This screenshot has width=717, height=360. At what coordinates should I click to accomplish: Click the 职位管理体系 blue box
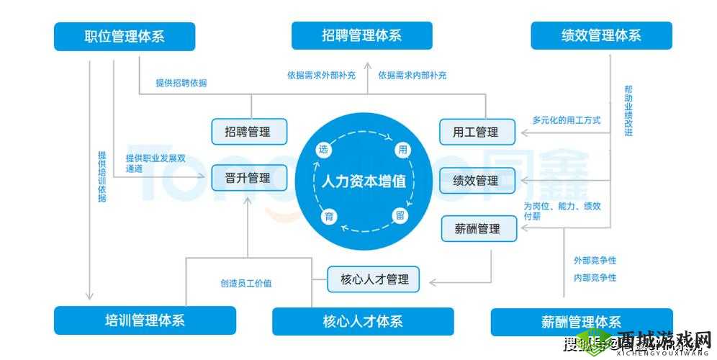coord(125,36)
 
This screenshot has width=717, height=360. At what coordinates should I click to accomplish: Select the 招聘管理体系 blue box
coord(361,35)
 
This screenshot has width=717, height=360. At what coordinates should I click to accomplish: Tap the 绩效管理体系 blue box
coord(601,35)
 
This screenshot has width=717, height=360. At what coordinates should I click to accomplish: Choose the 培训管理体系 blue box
coord(145,320)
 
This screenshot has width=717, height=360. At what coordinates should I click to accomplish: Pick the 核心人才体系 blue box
coord(363,321)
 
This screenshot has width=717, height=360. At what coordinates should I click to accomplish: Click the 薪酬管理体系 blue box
coord(581,322)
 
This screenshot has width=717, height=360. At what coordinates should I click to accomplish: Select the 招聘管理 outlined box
coord(249,132)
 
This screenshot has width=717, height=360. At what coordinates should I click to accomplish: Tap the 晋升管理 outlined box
coord(249,178)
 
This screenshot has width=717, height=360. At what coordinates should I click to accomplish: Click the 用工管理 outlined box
coord(478,132)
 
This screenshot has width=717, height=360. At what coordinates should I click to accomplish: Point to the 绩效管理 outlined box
coord(478,180)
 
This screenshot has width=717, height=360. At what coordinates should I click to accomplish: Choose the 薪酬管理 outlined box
coord(479,229)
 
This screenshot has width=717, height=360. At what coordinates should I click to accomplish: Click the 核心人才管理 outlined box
coord(373,279)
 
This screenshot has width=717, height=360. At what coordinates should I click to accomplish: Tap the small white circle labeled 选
coord(324,150)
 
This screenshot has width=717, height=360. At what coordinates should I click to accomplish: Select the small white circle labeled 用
coord(402,150)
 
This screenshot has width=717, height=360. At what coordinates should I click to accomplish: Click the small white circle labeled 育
coord(327,217)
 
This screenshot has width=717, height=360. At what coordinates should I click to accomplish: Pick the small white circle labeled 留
coord(400,215)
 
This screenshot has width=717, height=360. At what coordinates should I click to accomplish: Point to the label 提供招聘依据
coord(181,83)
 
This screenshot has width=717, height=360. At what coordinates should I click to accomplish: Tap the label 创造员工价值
coord(246,283)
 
